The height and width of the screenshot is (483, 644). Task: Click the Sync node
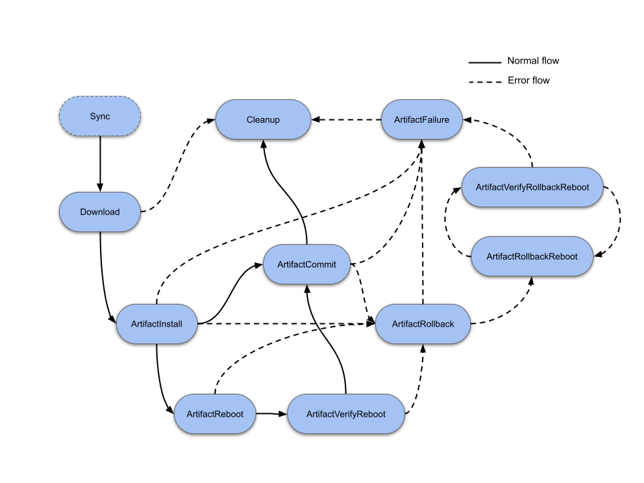(x=100, y=117)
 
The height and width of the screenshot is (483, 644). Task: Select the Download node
(x=100, y=212)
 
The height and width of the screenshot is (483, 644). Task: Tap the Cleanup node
(x=262, y=120)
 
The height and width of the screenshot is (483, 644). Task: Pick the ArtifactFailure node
(x=422, y=120)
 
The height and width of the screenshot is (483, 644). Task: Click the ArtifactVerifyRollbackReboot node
(x=532, y=186)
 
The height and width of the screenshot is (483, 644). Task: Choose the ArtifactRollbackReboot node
(x=532, y=256)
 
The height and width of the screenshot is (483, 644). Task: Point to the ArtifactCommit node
(x=307, y=265)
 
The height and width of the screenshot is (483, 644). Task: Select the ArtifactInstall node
(x=157, y=324)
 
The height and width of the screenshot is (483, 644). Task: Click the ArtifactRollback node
(x=423, y=324)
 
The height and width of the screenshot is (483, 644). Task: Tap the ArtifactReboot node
(x=215, y=414)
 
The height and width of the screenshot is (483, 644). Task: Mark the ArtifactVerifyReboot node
(x=345, y=414)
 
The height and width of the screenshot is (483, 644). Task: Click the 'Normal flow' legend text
(x=533, y=61)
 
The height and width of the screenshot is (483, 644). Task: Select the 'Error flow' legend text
(x=528, y=80)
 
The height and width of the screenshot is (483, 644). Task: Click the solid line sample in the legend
(x=484, y=62)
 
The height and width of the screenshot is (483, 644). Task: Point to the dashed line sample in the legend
(x=484, y=81)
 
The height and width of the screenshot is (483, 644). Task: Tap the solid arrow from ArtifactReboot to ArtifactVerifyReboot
(x=272, y=414)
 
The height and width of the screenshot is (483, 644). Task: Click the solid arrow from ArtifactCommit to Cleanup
(x=288, y=195)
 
